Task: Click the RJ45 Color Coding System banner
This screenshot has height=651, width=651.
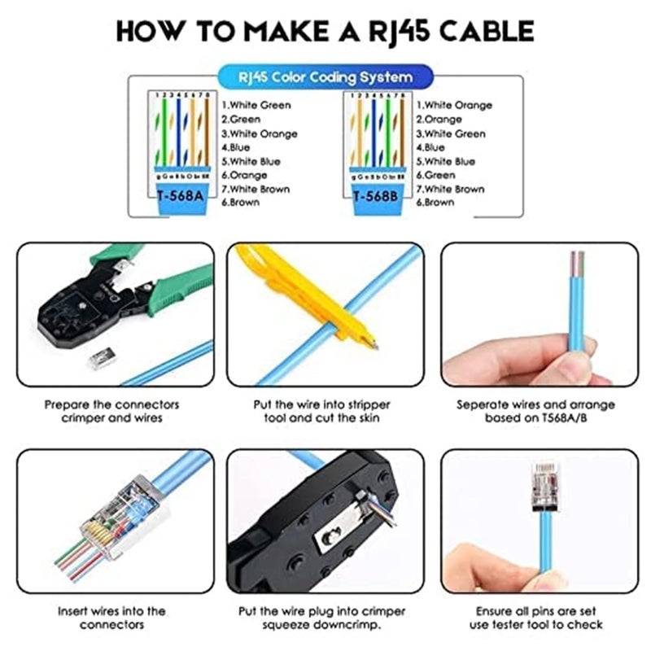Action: tap(325, 78)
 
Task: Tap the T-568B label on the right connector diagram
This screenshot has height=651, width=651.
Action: tap(375, 196)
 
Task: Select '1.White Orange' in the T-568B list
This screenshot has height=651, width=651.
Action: tap(454, 105)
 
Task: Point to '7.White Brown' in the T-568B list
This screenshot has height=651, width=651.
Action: tap(450, 189)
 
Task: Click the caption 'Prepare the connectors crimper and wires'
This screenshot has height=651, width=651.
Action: tap(111, 411)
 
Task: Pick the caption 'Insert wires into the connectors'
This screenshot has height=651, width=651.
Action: tap(111, 618)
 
